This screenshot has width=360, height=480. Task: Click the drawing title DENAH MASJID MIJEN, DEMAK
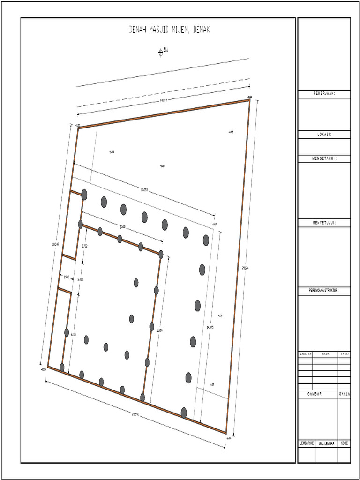tap(169, 30)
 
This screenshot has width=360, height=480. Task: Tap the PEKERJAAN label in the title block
tap(324, 94)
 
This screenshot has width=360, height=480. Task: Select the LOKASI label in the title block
tap(324, 134)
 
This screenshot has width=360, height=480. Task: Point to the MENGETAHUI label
tap(324, 159)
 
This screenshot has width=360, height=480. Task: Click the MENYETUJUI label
tap(324, 222)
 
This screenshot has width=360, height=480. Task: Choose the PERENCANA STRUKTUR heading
tap(324, 291)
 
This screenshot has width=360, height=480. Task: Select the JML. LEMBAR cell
tap(326, 443)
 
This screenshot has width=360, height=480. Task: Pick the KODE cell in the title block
tap(345, 443)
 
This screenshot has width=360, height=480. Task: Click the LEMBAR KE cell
tap(307, 443)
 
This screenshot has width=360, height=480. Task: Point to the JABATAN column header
tap(306, 354)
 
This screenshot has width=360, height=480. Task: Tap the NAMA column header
tap(325, 354)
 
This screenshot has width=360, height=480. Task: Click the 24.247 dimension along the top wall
tap(164, 100)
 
